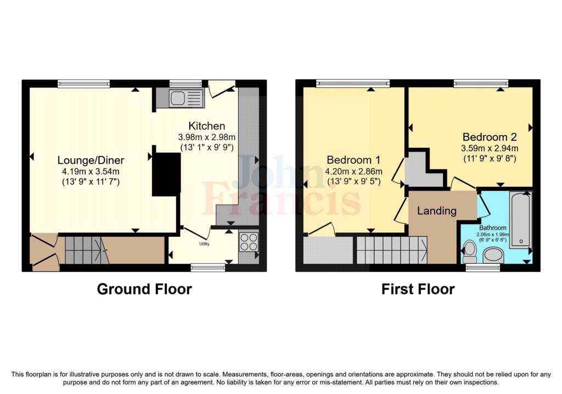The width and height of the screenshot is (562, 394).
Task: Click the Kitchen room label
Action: [x=207, y=125]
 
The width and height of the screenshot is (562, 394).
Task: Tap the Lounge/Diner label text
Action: [x=91, y=160]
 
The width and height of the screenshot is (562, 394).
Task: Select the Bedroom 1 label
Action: [x=353, y=160]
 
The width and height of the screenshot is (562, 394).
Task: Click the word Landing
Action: [x=437, y=210]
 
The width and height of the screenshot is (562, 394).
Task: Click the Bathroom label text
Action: [x=493, y=227]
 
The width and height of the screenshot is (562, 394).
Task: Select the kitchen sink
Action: [x=179, y=98]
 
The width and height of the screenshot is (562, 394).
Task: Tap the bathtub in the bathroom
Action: [x=520, y=220]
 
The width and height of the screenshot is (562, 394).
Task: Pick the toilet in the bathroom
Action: [x=469, y=252]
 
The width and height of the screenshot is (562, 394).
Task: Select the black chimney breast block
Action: [x=166, y=174]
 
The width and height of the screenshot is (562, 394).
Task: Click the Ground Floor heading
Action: [x=144, y=289]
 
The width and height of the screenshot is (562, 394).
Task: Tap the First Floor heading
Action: [x=418, y=289]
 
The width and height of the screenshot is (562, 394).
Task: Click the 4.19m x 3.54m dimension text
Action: [x=91, y=171]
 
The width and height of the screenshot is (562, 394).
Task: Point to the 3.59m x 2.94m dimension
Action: [x=490, y=148]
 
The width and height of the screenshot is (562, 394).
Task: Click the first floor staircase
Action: [x=392, y=250]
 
